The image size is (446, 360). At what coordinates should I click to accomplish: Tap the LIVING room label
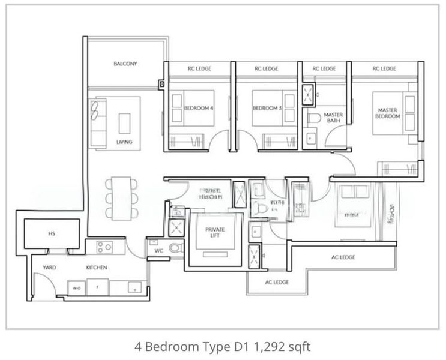click(124, 142)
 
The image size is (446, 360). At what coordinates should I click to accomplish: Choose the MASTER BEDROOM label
click(388, 113)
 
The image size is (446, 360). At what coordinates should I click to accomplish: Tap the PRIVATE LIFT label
click(215, 233)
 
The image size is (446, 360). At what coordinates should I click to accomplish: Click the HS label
click(52, 234)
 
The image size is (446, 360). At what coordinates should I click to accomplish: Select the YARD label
click(49, 268)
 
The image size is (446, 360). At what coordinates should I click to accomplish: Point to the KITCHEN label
click(96, 268)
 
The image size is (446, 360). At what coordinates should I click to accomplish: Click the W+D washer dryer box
click(77, 288)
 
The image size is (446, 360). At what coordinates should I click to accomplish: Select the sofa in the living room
click(98, 122)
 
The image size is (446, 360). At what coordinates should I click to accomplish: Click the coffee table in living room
click(125, 123)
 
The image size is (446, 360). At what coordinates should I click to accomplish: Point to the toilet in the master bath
click(312, 119)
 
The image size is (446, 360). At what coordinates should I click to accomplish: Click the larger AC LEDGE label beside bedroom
click(343, 257)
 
